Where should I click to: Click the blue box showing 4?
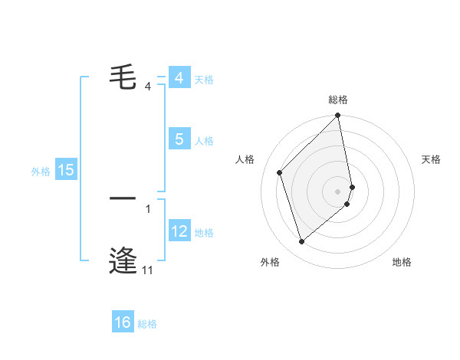179,78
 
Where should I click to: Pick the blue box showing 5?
179,139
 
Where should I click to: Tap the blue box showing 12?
179,231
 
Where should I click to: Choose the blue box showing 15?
66,170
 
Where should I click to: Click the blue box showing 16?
123,322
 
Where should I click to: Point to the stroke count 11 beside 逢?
147,270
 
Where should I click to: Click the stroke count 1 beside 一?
148,208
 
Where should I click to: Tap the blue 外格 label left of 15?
41,172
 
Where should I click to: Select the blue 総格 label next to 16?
147,324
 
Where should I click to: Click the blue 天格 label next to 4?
204,80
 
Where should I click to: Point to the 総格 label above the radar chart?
338,100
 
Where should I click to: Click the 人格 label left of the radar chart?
245,159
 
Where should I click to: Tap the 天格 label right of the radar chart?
432,159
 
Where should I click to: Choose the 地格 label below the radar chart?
402,262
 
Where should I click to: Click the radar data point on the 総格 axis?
338,116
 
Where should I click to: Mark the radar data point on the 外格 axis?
302,242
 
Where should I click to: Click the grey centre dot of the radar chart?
338,190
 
